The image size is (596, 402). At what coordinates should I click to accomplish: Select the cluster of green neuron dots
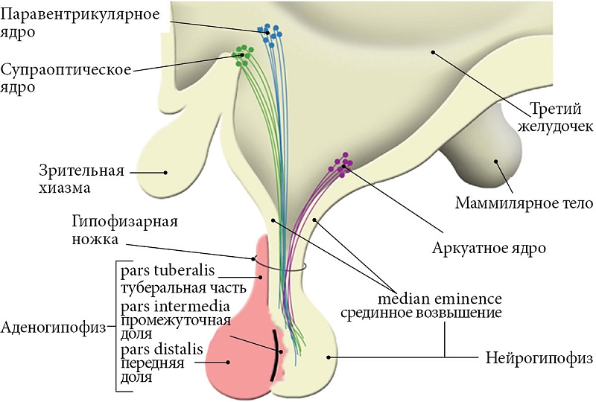pos(243,56)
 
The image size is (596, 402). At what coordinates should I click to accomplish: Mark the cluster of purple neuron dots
pos(342,164)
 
